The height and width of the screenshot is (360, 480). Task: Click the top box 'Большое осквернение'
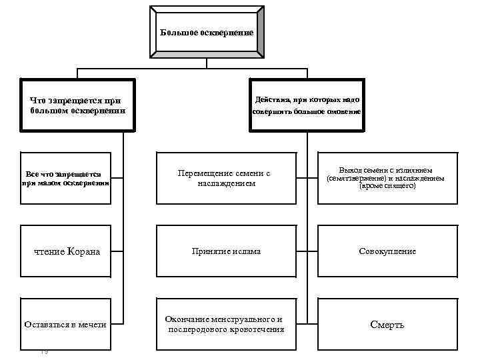coord(207,32)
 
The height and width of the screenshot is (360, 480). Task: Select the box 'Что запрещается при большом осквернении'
coord(77,105)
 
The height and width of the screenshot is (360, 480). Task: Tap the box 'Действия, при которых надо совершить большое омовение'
coord(307,105)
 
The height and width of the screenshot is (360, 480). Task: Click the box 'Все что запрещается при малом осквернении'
coord(65,178)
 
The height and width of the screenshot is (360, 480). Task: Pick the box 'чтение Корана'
coord(65,251)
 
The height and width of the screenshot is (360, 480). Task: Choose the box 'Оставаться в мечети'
coord(65,324)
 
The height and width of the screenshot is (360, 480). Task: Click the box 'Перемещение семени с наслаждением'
coord(226,178)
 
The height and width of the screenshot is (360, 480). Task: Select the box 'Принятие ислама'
coord(226,251)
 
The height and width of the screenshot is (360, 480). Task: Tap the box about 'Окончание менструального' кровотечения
coord(226,324)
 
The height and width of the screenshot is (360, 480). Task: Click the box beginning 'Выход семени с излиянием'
coord(387,178)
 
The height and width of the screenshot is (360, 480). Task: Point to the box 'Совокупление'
coord(387,251)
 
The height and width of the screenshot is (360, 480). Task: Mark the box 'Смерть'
coord(387,324)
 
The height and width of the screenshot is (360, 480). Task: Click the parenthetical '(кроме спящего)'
coord(387,187)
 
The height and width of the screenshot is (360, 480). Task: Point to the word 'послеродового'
coord(197,329)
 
